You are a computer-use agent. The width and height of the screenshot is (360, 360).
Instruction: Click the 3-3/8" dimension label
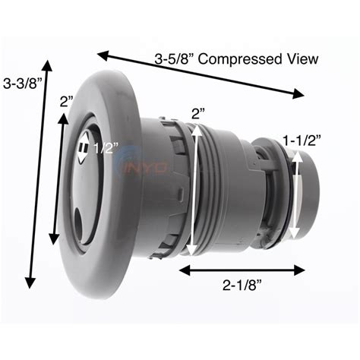click(22, 83)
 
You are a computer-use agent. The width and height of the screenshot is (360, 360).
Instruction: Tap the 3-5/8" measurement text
click(174, 58)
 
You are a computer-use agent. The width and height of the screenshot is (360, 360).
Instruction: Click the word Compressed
click(240, 59)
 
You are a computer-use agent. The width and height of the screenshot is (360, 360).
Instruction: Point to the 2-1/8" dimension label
click(242, 286)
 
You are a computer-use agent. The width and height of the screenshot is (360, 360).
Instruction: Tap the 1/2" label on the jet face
click(106, 147)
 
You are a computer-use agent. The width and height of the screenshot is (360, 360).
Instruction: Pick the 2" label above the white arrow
click(198, 113)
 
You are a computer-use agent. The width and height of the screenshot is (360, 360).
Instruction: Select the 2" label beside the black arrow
click(66, 102)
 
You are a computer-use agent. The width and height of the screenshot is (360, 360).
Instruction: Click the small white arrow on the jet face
click(84, 147)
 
